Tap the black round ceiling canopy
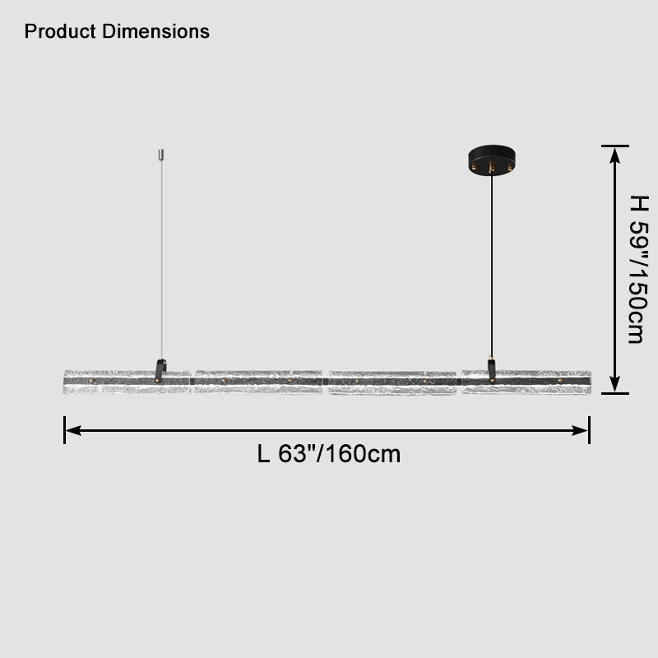point(492,159)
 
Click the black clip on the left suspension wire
point(161,369)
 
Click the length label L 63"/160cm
point(329,454)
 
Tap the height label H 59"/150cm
point(635,269)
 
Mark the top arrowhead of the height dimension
point(614,155)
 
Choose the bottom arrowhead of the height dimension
point(614,384)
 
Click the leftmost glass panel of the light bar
point(127,382)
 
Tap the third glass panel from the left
point(392,382)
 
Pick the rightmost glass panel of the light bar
point(526,382)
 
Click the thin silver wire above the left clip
point(162,263)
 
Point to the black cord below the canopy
point(492,263)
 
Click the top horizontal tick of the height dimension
point(614,146)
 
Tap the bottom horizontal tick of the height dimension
point(614,393)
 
